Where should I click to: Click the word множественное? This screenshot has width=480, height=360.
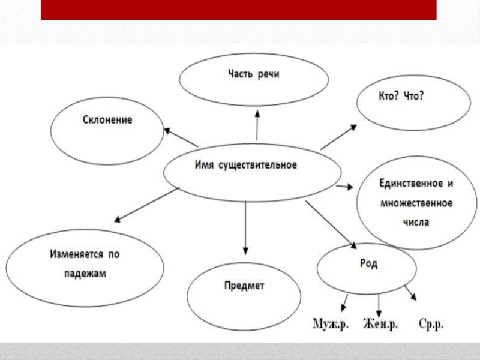pos(416,203)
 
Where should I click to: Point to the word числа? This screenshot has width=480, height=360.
pos(416,222)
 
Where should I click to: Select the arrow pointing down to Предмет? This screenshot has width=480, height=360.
pos(245,229)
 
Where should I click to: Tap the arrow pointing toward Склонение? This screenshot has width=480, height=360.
pos(181,137)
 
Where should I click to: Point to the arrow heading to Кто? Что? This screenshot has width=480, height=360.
pos(339,137)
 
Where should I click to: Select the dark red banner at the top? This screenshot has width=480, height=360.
pos(238,10)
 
